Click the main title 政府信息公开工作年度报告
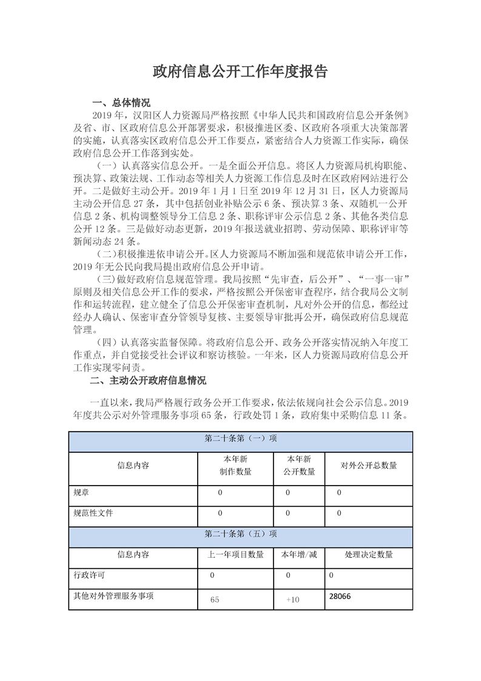240,72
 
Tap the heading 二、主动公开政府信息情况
148,381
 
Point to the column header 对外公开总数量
369,466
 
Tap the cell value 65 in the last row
215,600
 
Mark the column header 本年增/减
299,554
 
